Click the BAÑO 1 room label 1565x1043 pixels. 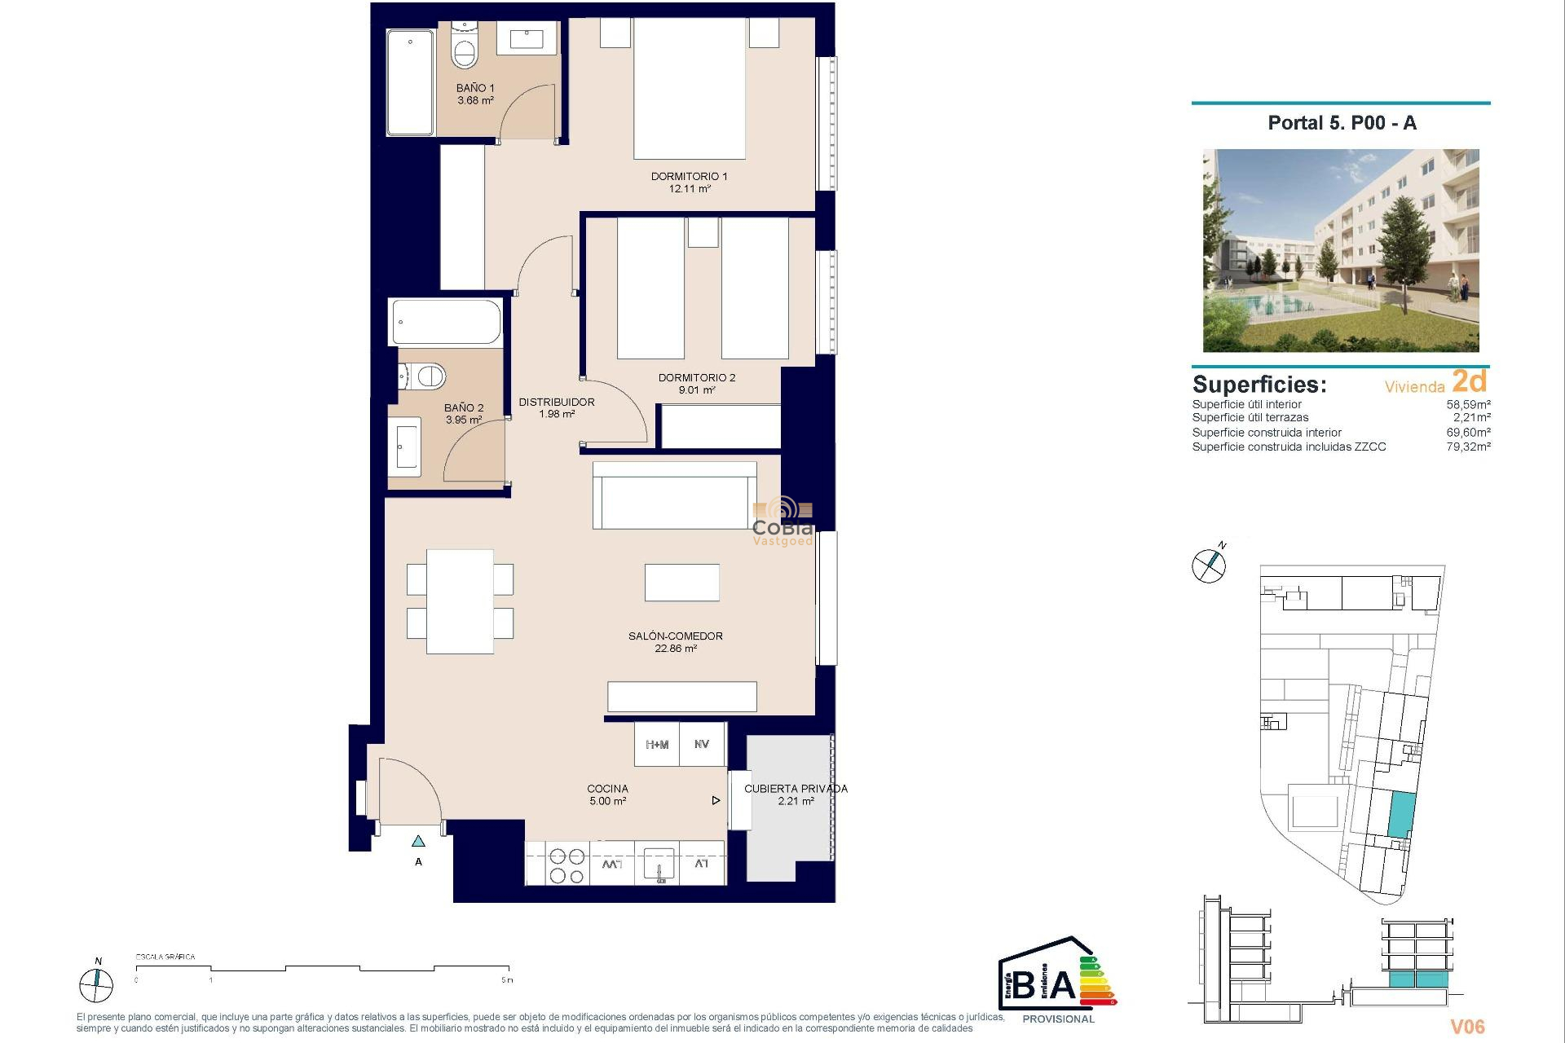pos(474,88)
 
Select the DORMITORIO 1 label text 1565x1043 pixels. pos(689,176)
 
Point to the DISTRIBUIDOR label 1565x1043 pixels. pos(557,402)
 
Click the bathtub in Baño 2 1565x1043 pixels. pos(446,322)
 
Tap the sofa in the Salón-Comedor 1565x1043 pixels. pos(674,495)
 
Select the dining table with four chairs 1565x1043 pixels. pos(460,601)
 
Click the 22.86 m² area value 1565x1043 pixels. pos(675,649)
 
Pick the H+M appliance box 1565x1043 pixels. pos(657,745)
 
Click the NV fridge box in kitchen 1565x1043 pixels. pos(702,745)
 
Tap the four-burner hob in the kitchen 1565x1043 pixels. pos(566,865)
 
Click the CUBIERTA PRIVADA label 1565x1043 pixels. pos(796,789)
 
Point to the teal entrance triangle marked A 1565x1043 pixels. pos(418,841)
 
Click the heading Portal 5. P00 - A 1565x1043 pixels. pos(1342,123)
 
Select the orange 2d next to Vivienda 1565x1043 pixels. pos(1469,381)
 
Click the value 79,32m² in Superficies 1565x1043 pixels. pos(1468,447)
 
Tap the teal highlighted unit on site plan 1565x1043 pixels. pos(1400,814)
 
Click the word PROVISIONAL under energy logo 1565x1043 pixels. pos(1058,1019)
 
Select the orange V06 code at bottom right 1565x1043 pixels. pos(1467,1027)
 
